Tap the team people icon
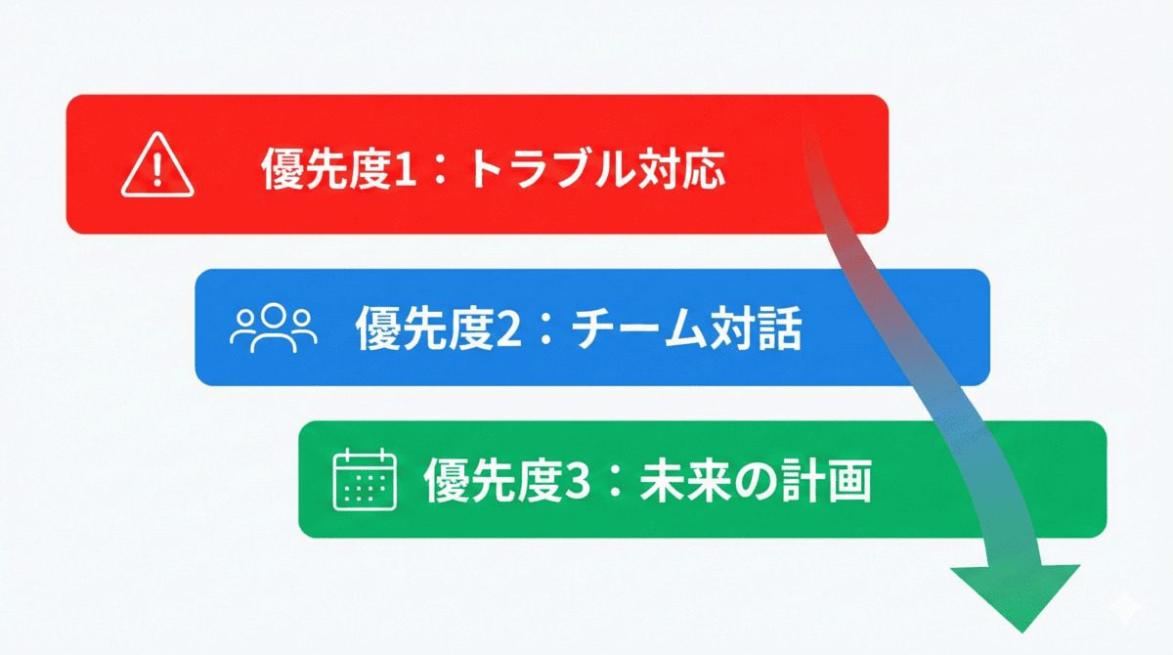pos(274,328)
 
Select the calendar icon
pos(364,479)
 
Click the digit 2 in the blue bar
pos(502,330)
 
